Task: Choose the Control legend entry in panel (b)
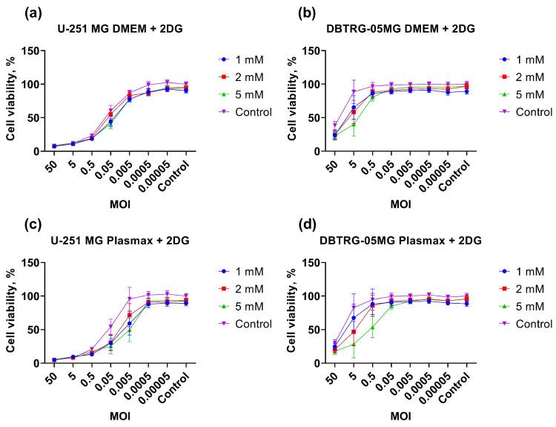523,112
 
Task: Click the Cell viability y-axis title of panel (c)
10,312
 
